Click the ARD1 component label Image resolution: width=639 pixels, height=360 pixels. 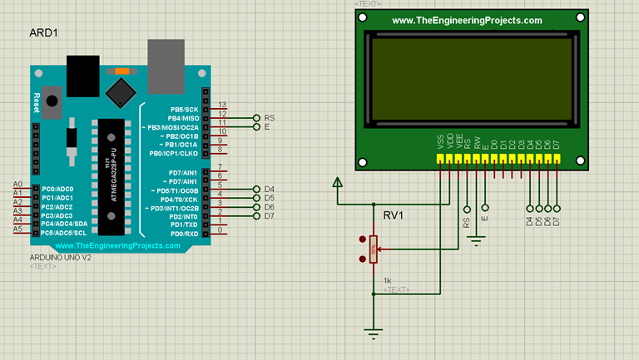coord(43,32)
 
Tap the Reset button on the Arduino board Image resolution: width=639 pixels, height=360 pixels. coord(52,101)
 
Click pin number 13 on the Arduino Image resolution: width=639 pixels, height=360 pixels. coord(221,106)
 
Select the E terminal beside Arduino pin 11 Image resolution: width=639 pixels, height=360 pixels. coord(267,127)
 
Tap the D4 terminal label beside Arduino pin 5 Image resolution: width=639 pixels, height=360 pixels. coord(269,190)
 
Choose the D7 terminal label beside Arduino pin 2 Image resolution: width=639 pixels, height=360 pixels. coord(269,216)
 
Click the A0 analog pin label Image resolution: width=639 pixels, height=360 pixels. coord(17,184)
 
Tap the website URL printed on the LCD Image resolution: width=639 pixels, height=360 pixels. coord(466,21)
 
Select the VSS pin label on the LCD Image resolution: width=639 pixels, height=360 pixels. coord(439,143)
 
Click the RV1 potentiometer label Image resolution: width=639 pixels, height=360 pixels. coord(394,216)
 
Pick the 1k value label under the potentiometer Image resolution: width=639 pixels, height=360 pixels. coord(388,280)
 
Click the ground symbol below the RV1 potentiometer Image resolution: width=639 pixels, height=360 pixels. coord(374,333)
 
